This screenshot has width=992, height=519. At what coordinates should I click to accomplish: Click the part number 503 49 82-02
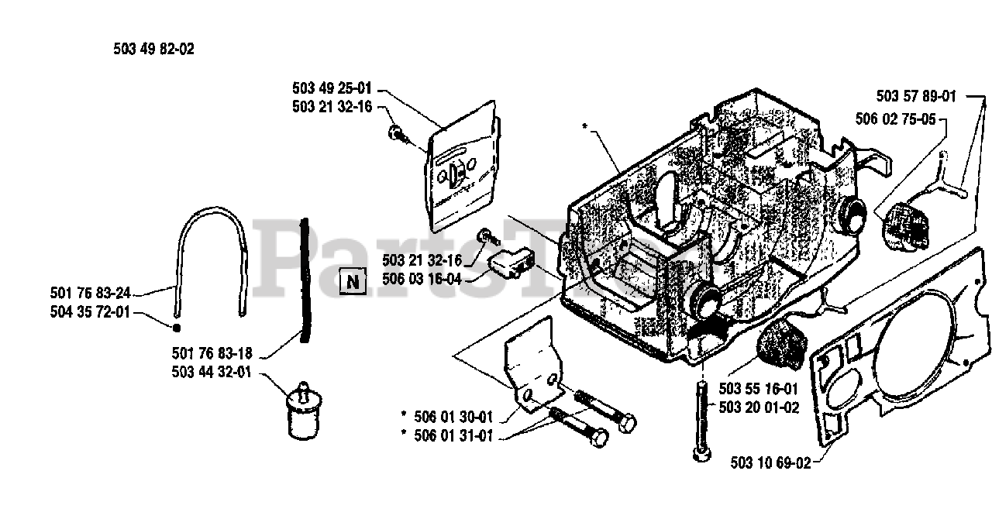point(153,49)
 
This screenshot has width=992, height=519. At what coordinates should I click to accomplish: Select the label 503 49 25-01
point(332,88)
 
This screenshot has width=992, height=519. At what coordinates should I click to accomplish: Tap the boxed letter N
point(353,280)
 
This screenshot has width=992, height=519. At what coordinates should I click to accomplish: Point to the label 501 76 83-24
point(90,293)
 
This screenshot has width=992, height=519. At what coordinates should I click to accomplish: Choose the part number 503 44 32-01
point(212,373)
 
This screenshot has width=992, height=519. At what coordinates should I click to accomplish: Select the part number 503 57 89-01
point(917,97)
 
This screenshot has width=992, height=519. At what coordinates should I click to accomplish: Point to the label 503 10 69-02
point(771,463)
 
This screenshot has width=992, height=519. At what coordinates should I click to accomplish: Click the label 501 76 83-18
point(212,353)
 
